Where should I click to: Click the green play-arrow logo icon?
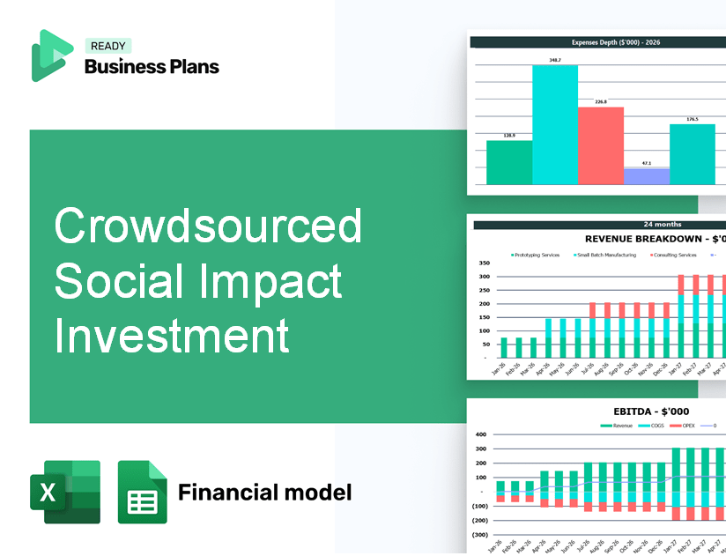tap(51, 56)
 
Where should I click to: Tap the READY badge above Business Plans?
tap(107, 46)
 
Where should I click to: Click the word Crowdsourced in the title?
tap(208, 226)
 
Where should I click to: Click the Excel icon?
tap(65, 492)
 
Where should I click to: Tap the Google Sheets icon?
tap(143, 492)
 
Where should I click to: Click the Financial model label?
tap(264, 492)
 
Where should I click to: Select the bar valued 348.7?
tap(555, 125)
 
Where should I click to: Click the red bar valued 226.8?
tap(601, 145)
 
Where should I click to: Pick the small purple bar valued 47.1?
tap(647, 176)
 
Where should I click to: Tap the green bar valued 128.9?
tap(509, 162)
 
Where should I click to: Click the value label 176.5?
tap(693, 119)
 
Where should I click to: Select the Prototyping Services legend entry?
tap(538, 255)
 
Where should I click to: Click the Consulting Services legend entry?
tap(674, 255)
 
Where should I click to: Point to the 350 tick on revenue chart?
tap(484, 263)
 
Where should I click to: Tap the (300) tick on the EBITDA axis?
tap(480, 535)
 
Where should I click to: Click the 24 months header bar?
tap(599, 225)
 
